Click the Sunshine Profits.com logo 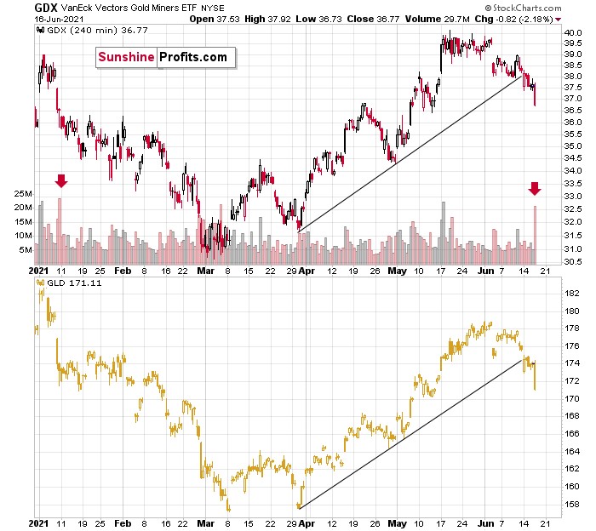(x=165, y=57)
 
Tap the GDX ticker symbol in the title (x=45, y=7)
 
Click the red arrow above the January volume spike (x=60, y=180)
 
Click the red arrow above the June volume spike (x=535, y=188)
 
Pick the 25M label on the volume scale (x=22, y=195)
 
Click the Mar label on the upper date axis (x=207, y=271)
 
